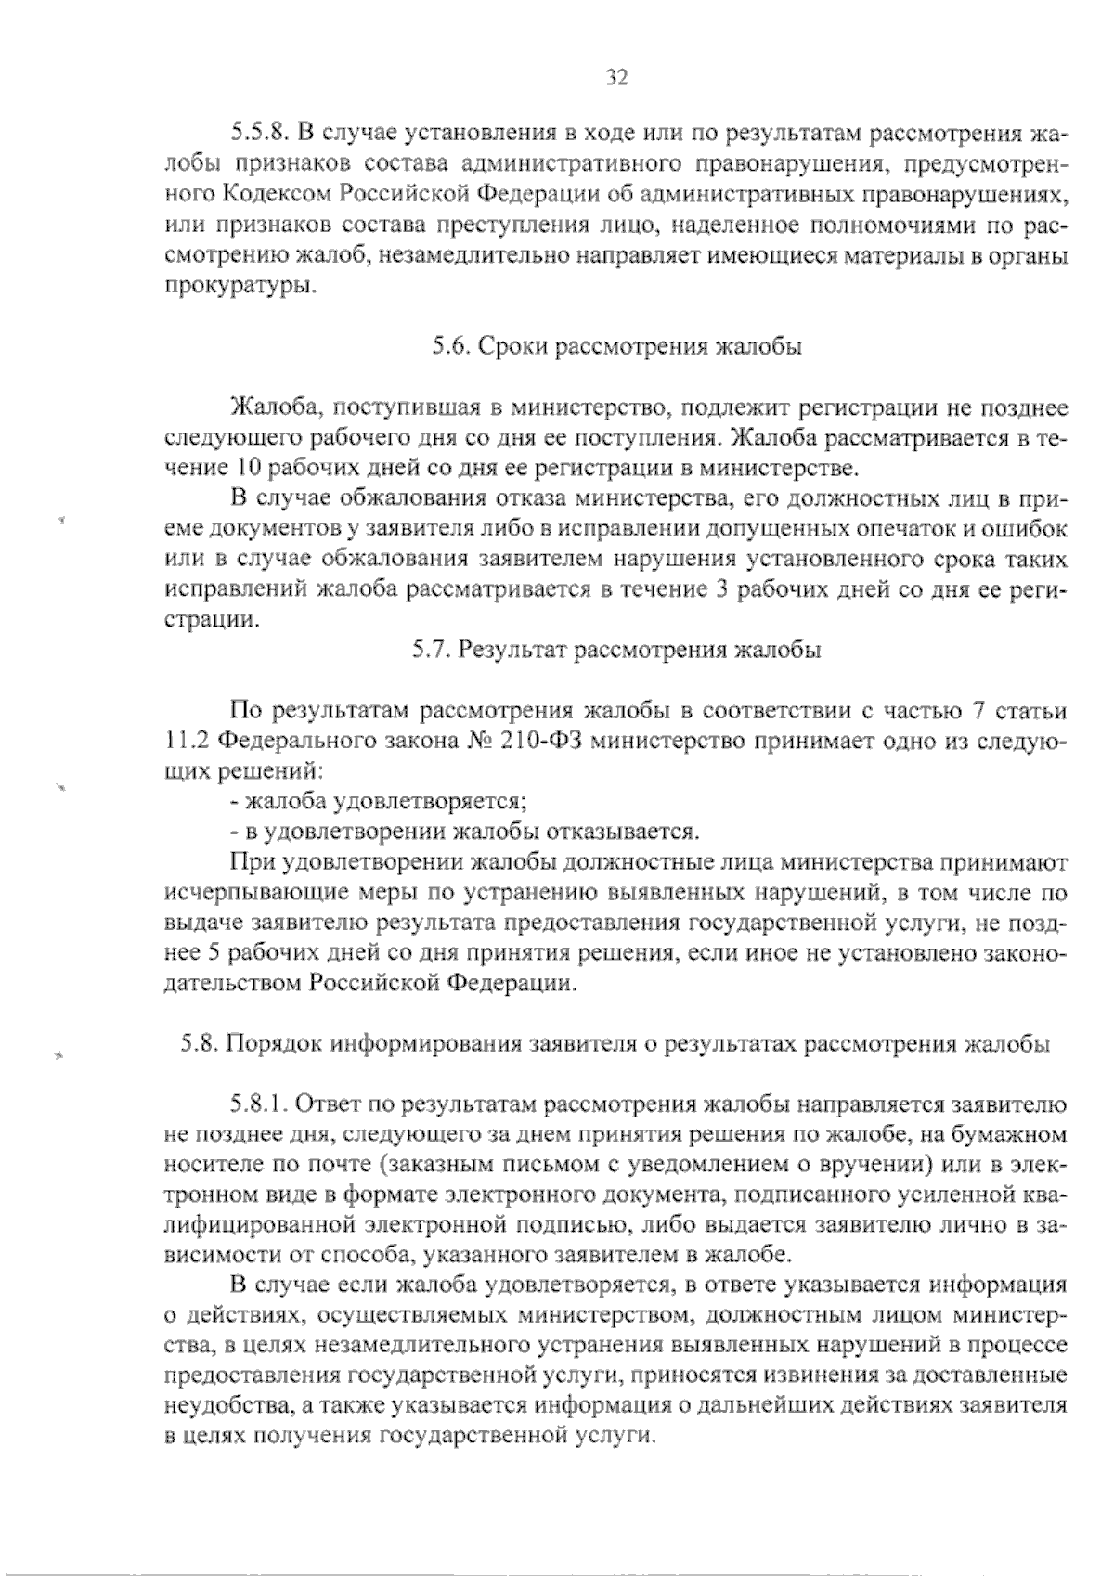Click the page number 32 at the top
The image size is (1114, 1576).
coord(616,77)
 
